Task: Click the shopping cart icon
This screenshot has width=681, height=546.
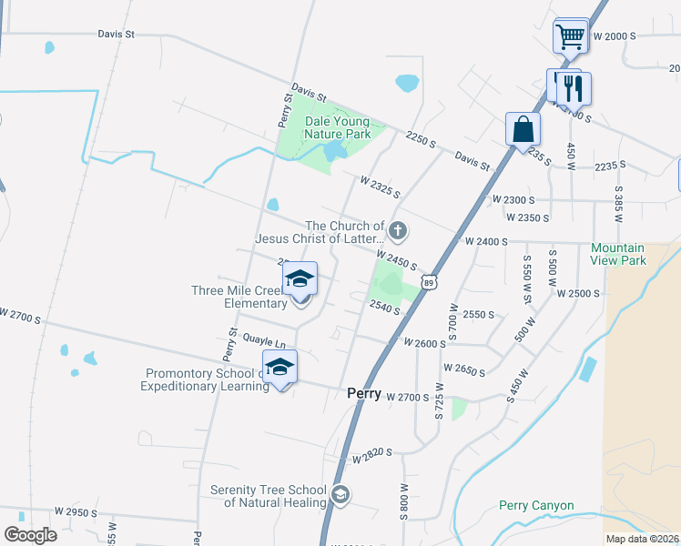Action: (570, 38)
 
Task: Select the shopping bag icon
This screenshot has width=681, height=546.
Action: (523, 128)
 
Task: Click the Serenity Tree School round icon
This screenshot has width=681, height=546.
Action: (340, 495)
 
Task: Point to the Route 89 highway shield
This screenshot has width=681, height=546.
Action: (430, 283)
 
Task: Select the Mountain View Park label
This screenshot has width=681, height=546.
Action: (617, 254)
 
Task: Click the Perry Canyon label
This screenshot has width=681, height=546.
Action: (536, 506)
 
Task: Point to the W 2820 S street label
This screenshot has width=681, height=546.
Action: (373, 451)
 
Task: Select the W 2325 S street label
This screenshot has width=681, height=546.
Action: (381, 185)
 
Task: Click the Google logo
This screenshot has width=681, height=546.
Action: (30, 534)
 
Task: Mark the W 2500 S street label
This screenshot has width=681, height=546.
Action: (579, 294)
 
